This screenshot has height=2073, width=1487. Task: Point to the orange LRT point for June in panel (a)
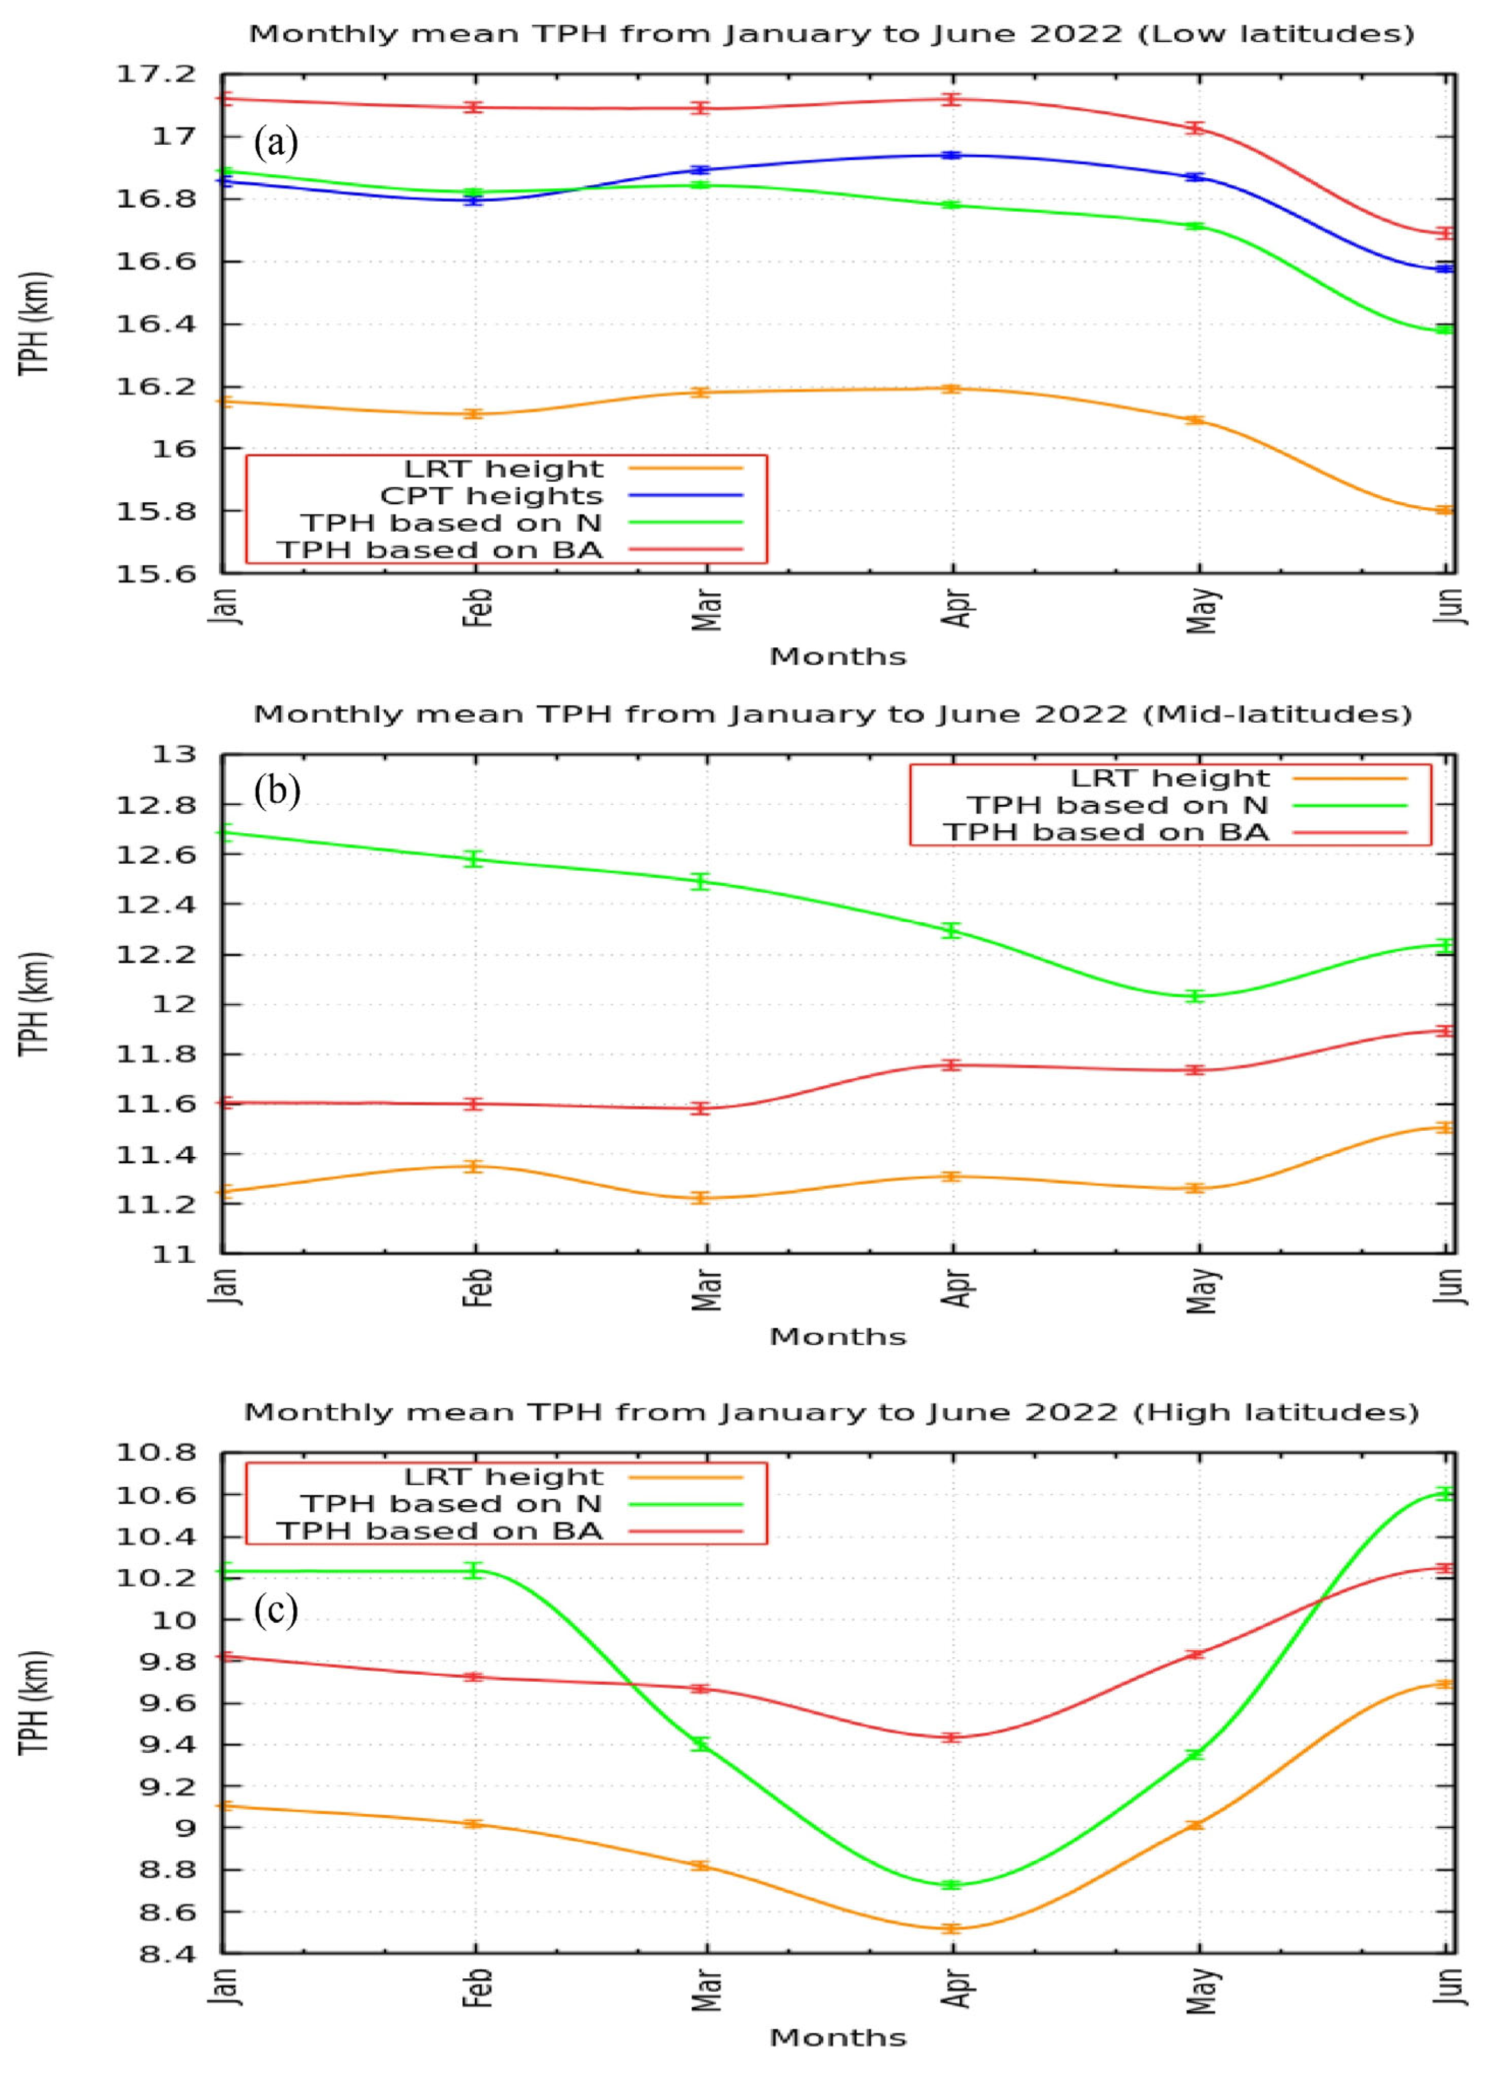point(1444,510)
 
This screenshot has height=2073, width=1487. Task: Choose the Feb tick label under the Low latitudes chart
point(478,608)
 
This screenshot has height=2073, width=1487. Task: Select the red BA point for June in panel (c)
point(1444,1568)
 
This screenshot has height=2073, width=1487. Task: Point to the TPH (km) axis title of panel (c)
point(35,1702)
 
